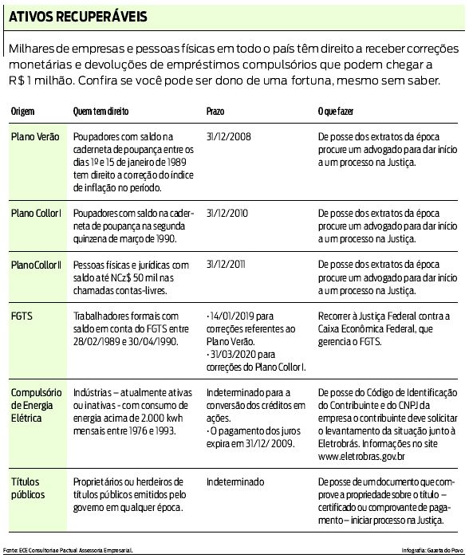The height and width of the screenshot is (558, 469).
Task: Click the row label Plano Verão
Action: (x=35, y=137)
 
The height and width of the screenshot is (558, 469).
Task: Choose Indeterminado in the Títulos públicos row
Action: (x=234, y=482)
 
